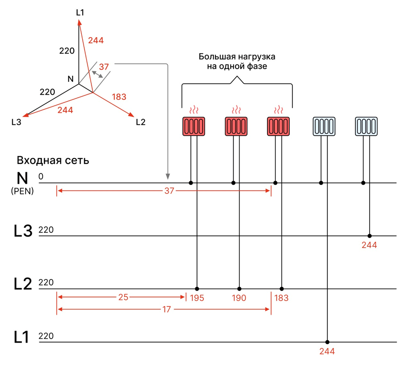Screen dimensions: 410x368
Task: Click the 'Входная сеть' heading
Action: click(53, 160)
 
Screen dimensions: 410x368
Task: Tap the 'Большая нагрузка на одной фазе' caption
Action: click(237, 61)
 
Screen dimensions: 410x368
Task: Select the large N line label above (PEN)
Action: click(22, 179)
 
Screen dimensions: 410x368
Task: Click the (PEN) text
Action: click(22, 191)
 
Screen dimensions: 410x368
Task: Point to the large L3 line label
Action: click(23, 231)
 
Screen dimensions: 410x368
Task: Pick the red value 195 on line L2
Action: click(197, 298)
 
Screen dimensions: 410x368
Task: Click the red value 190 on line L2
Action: click(239, 298)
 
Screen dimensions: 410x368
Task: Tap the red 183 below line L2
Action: click(281, 298)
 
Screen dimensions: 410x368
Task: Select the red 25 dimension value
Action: click(123, 297)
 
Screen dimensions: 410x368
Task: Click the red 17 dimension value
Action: click(167, 309)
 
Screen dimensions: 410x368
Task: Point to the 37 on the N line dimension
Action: click(169, 191)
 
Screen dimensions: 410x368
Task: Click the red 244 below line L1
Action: click(327, 351)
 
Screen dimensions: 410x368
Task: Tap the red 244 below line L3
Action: click(369, 245)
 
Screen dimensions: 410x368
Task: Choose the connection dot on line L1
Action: click(327, 342)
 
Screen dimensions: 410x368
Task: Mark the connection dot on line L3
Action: click(369, 236)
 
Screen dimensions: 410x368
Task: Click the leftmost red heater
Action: click(194, 127)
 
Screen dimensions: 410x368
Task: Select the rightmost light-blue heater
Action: click(366, 127)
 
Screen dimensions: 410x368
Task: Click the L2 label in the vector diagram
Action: click(141, 122)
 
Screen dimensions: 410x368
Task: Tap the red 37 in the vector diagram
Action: click(104, 67)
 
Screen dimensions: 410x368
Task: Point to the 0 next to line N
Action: click(41, 176)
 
